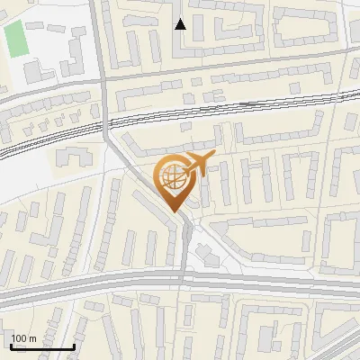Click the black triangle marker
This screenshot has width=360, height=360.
tap(181, 23)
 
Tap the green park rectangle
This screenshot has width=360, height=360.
tap(15, 38)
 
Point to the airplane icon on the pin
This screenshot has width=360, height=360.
tap(197, 165)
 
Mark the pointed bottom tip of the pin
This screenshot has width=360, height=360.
tap(174, 211)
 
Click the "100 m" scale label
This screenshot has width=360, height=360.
tap(23, 338)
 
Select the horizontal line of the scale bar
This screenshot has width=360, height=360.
tap(41, 347)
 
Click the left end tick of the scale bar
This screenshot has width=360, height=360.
tap(11, 345)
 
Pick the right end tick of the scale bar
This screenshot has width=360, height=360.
tap(73, 345)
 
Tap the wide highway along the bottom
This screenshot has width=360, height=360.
tap(90, 288)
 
